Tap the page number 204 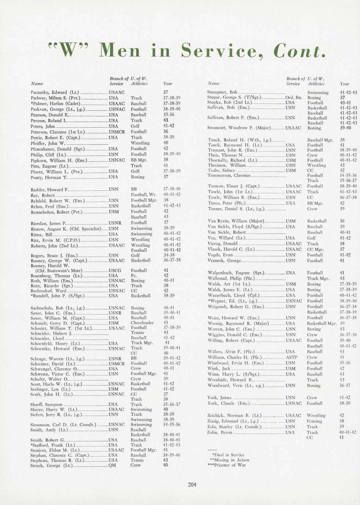[x=192, y=485]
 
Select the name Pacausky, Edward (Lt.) [x=55, y=92]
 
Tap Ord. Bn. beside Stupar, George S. [x=294, y=98]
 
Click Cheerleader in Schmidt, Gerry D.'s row [x=142, y=323]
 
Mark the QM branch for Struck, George [x=112, y=465]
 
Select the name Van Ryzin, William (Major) [x=235, y=221]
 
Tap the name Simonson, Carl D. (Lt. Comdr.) [x=63, y=425]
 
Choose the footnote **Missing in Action [x=229, y=460]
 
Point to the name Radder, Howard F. [x=49, y=190]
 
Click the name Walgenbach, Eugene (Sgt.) [x=235, y=273]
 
